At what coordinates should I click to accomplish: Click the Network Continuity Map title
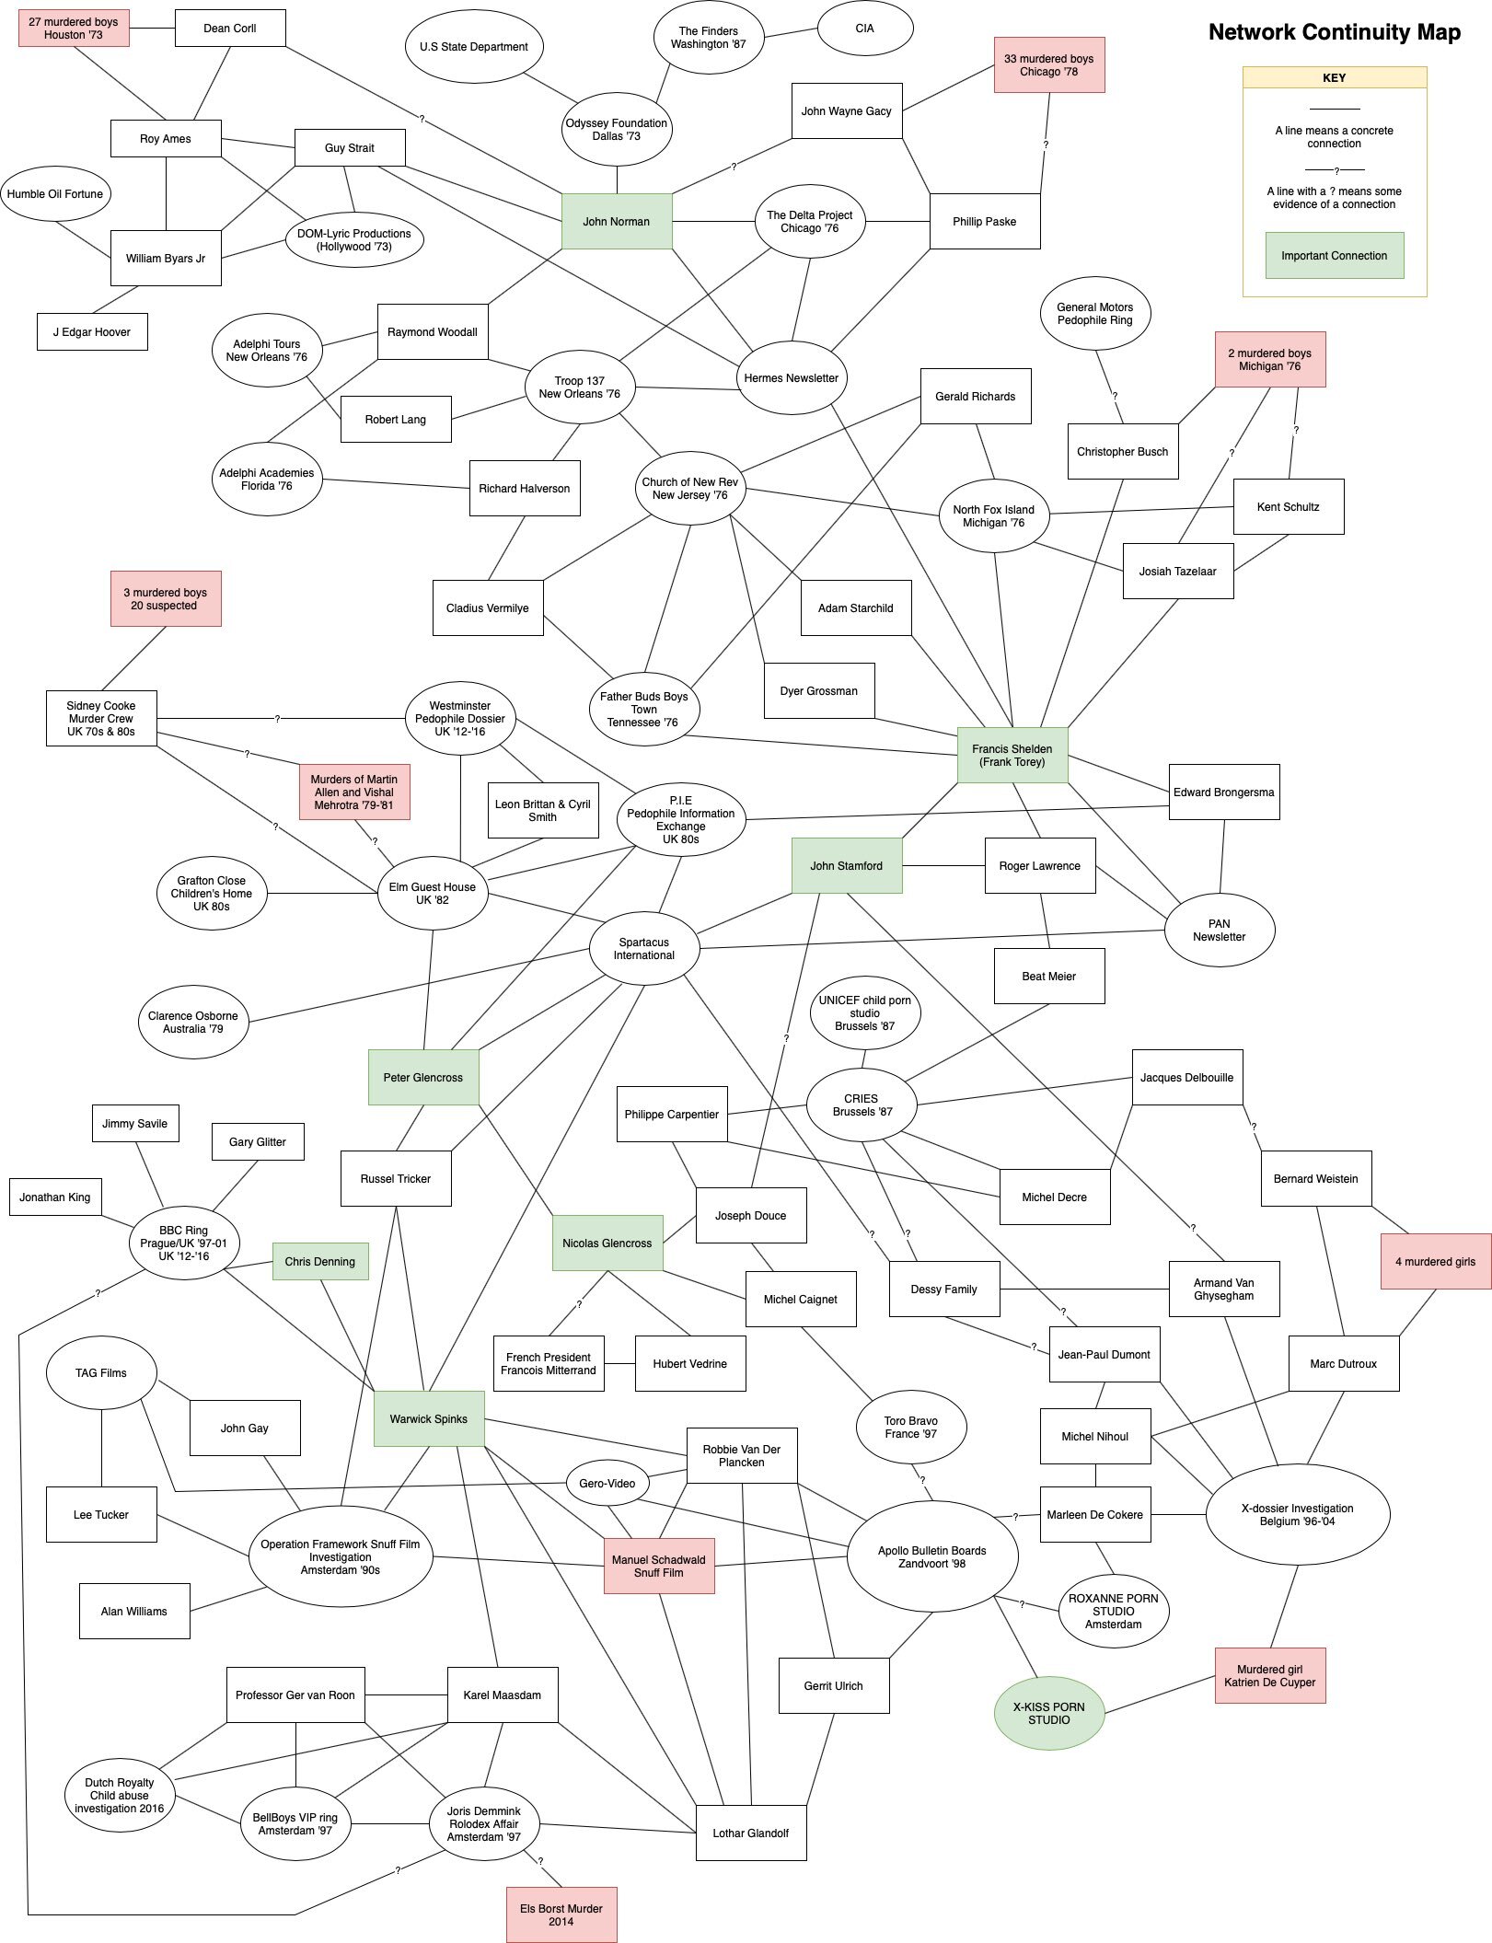(1334, 32)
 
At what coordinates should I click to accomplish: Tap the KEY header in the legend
(1334, 78)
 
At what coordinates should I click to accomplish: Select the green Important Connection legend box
(1334, 255)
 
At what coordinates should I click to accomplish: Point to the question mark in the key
(1336, 170)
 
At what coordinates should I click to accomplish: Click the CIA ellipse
(864, 29)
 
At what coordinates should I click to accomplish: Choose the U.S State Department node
(473, 47)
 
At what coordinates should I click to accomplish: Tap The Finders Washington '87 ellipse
(708, 38)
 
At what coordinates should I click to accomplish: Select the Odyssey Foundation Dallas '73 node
(616, 130)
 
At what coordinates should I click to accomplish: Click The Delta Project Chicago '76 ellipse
(809, 222)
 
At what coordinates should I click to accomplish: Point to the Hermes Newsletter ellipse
(791, 378)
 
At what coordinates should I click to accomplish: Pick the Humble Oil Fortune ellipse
(55, 194)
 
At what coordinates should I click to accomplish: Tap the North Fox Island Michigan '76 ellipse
(993, 516)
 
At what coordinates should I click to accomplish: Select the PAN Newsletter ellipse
(1219, 931)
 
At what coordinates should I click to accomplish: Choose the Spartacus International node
(643, 949)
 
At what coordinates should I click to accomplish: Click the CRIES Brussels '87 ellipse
(861, 1105)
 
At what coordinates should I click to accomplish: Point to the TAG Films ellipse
(101, 1372)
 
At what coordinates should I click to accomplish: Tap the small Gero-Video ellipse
(607, 1483)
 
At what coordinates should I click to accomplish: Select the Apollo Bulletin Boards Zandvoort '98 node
(931, 1556)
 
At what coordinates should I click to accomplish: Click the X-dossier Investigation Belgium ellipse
(1297, 1514)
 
